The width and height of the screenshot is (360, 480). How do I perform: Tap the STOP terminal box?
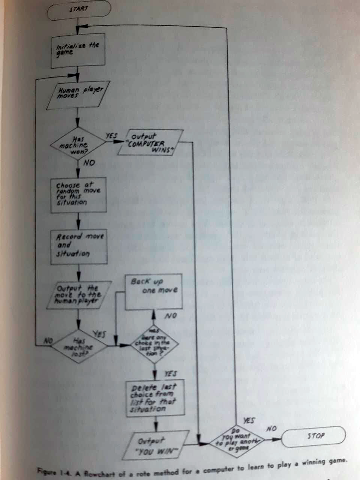click(x=313, y=436)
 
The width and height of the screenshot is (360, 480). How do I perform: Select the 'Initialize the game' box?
click(x=78, y=50)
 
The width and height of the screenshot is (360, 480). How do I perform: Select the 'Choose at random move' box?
click(x=78, y=194)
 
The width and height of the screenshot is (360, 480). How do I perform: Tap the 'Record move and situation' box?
click(x=79, y=246)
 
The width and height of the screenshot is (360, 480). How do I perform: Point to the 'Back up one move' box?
click(x=154, y=291)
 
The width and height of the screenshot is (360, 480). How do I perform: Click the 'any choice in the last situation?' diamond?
click(x=154, y=343)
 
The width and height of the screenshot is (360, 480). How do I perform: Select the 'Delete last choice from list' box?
click(x=156, y=398)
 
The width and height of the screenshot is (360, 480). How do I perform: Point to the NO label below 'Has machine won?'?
click(x=89, y=163)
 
